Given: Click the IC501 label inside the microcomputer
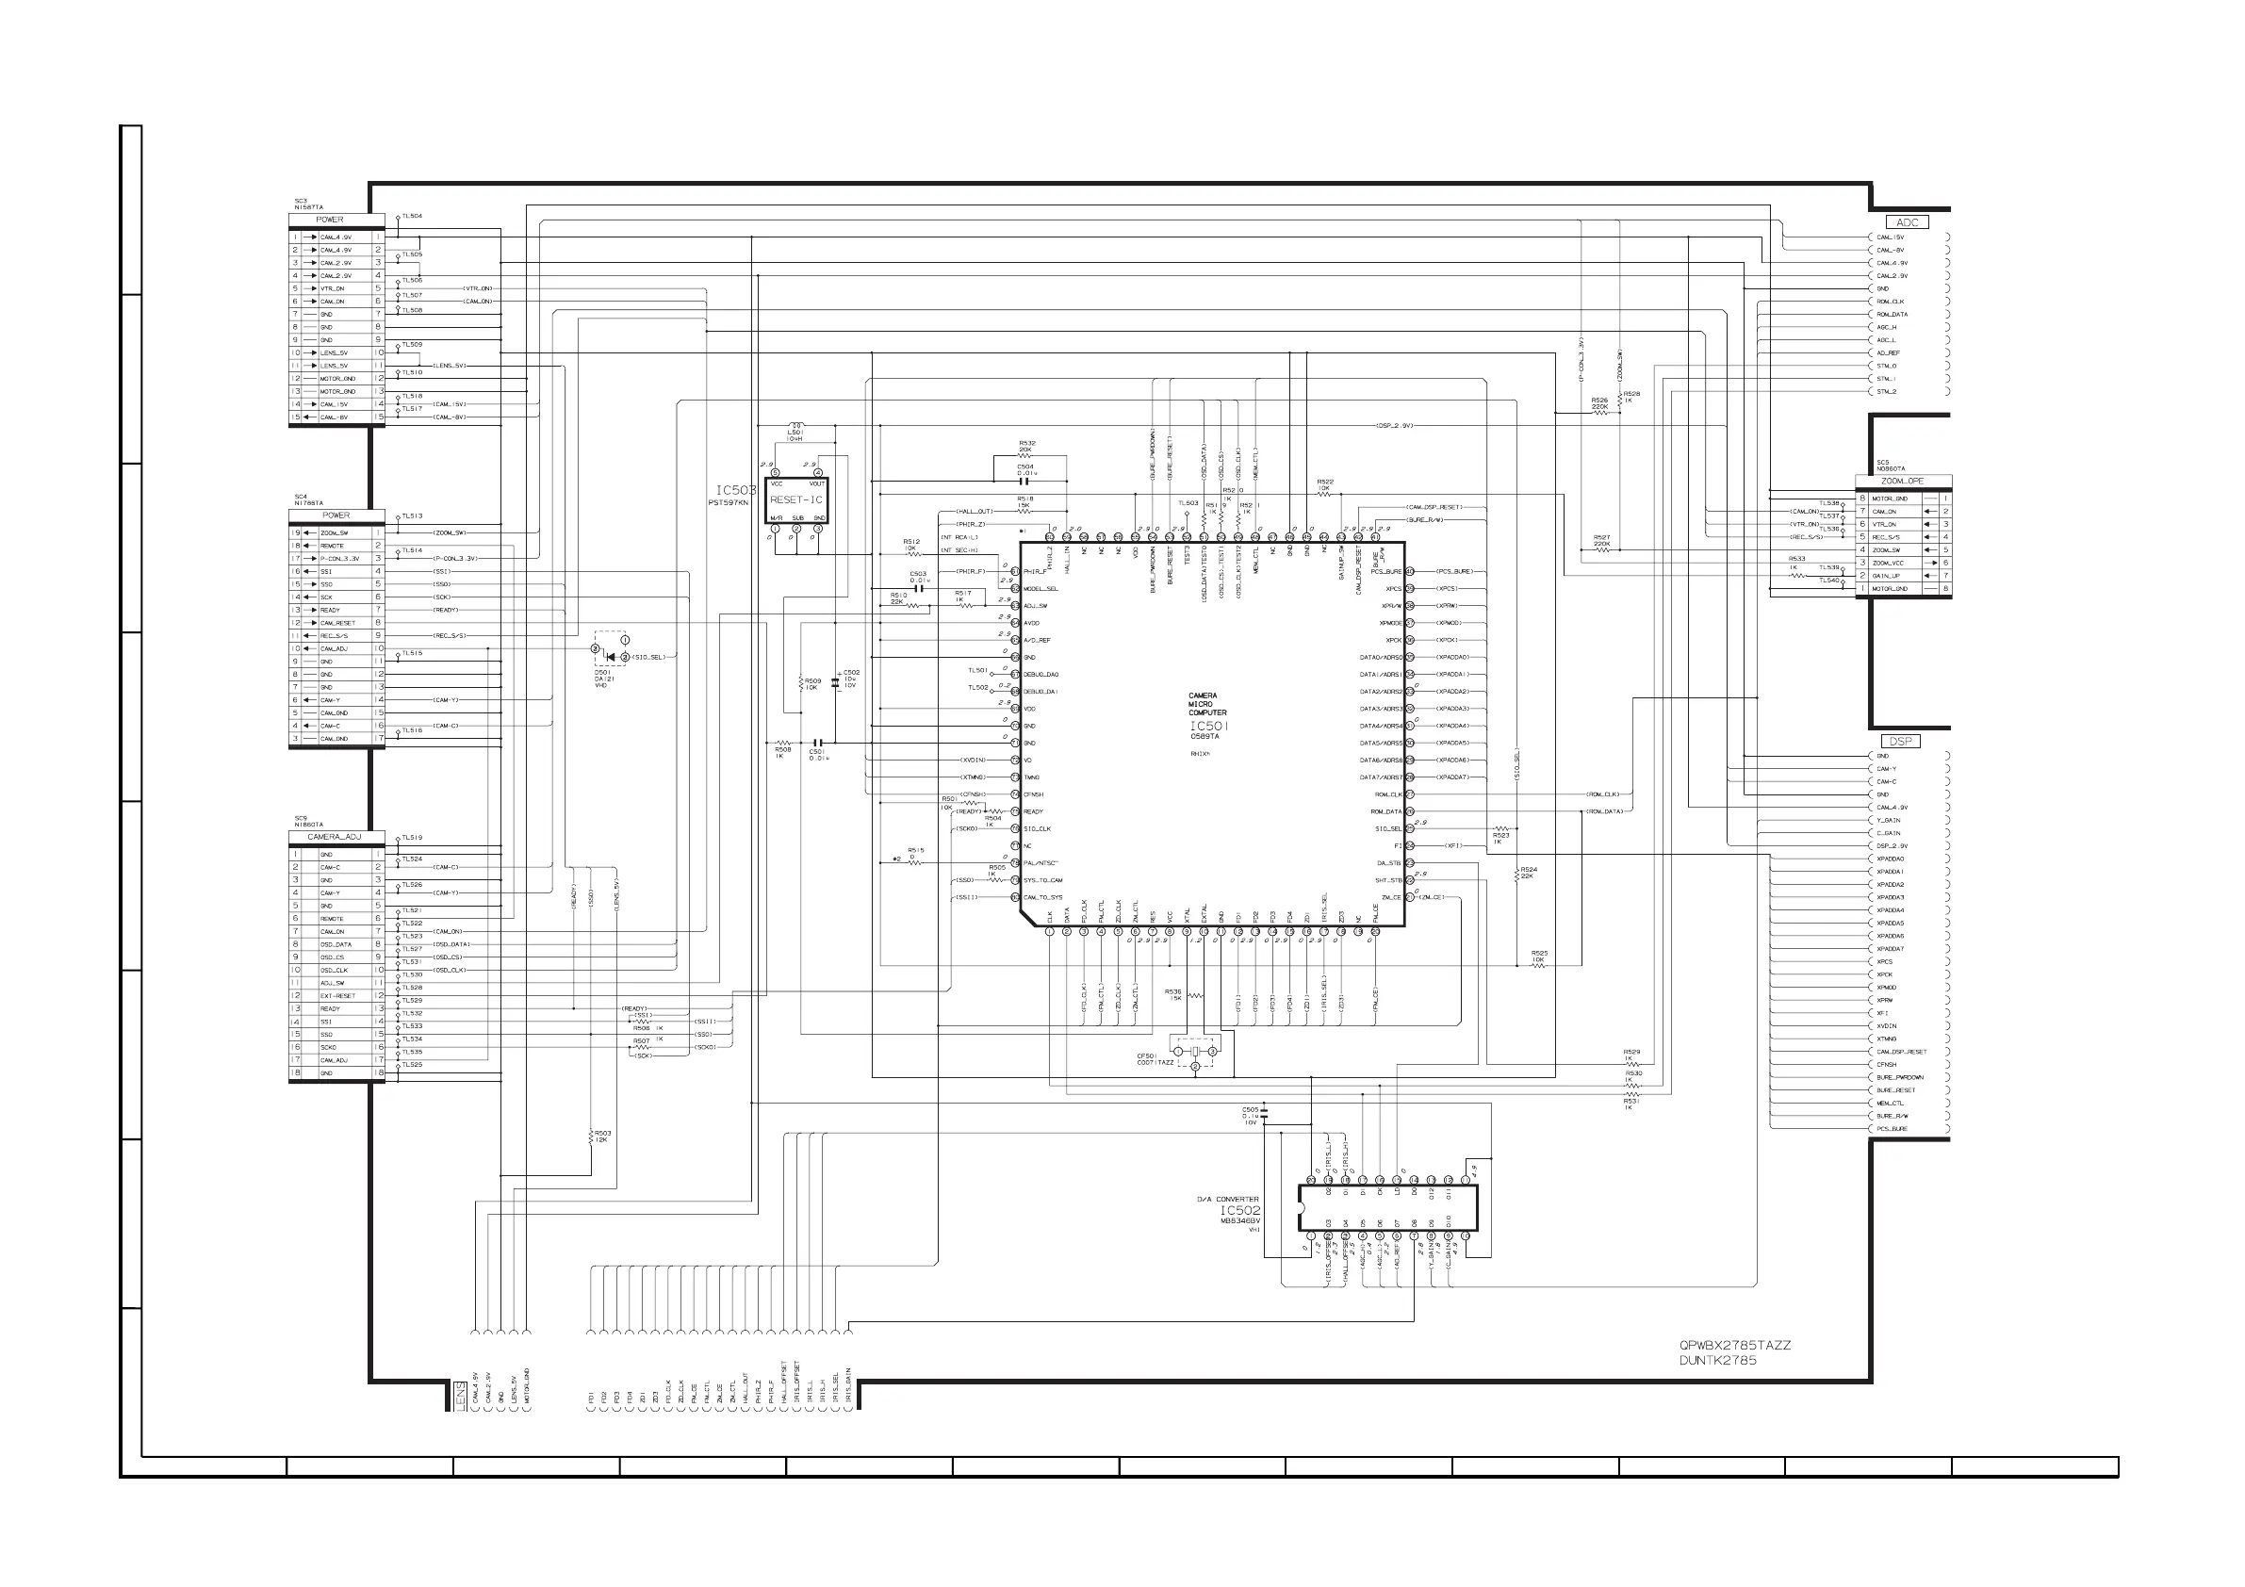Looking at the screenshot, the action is point(1208,727).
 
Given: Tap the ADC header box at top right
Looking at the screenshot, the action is point(1907,223).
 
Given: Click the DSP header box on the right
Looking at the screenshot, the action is point(1900,741).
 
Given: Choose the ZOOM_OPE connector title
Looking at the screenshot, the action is point(1902,481).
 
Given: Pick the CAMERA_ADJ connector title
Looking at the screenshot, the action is point(335,837).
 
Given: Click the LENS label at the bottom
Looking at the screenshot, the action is point(460,1396).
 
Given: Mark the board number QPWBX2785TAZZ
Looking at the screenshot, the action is point(1734,1346).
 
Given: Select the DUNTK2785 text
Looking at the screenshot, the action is point(1718,1360).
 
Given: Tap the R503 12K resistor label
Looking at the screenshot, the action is point(602,1137).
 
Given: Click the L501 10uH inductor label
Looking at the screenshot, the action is point(795,435).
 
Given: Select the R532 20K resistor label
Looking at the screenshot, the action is point(1026,446).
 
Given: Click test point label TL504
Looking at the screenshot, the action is point(412,216).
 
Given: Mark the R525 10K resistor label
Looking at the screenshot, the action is point(1539,956).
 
